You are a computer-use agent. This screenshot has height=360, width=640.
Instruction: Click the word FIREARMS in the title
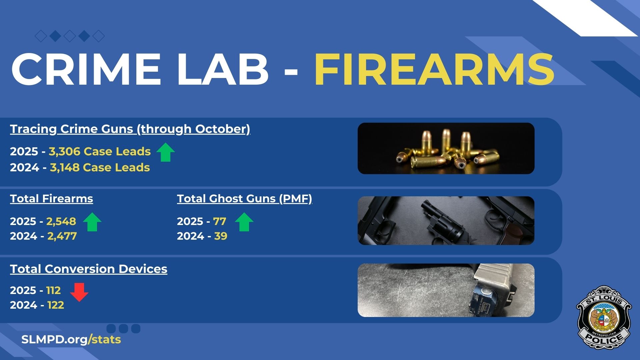pos(434,69)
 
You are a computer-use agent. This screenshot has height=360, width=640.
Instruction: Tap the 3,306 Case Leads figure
pos(100,151)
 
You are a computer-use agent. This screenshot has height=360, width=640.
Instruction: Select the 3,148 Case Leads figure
pos(100,167)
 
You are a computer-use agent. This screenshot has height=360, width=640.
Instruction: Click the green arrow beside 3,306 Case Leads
pos(166,152)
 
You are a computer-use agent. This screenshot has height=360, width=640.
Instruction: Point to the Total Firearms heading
pos(51,199)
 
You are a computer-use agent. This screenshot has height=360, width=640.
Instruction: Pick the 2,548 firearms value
pos(61,221)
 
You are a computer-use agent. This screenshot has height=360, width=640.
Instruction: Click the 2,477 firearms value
pos(62,236)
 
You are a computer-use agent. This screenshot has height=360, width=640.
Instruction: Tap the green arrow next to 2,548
pos(92,222)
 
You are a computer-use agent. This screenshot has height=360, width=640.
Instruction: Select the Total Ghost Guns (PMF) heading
pos(245,199)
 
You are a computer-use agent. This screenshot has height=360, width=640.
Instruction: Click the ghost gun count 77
pos(220,221)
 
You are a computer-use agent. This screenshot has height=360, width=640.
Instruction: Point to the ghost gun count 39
pos(221,236)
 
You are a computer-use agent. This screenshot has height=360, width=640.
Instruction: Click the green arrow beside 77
pos(244,222)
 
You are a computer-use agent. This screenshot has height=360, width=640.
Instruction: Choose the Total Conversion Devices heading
pos(89,269)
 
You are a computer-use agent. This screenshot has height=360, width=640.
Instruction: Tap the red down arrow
pos(79,292)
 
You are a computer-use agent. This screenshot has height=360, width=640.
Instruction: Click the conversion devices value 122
pos(56,305)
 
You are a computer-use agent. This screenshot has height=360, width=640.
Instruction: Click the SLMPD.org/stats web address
pos(71,340)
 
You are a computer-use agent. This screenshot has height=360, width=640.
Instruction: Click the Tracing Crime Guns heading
pos(130,129)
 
